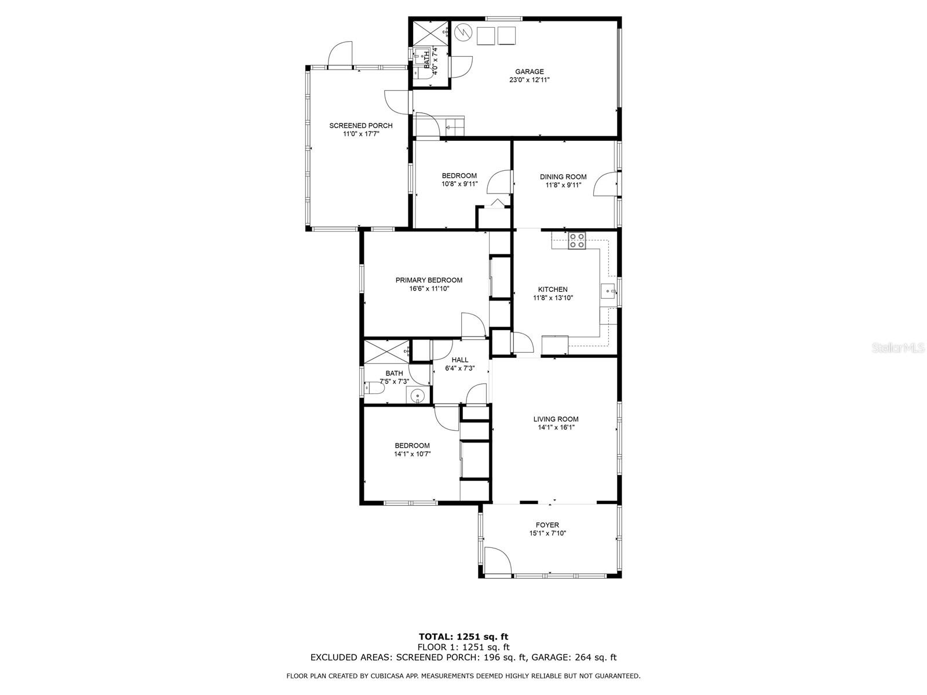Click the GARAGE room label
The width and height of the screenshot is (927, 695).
(529, 72)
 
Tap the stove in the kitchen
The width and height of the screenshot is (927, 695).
(576, 240)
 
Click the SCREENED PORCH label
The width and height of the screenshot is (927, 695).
(360, 126)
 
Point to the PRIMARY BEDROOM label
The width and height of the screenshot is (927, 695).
(429, 280)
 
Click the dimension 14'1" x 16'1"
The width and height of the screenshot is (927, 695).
(556, 428)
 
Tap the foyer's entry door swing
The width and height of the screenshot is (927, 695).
(498, 561)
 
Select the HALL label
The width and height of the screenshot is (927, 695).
(460, 360)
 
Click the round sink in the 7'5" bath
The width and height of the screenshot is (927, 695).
(417, 396)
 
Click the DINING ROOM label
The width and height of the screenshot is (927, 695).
(563, 177)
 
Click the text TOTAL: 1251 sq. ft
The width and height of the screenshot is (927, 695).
(463, 637)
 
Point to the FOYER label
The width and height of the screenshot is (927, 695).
(547, 525)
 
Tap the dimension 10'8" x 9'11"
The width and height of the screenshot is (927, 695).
(459, 185)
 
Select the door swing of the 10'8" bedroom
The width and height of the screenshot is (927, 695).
(499, 182)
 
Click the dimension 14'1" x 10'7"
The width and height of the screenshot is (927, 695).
(412, 454)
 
